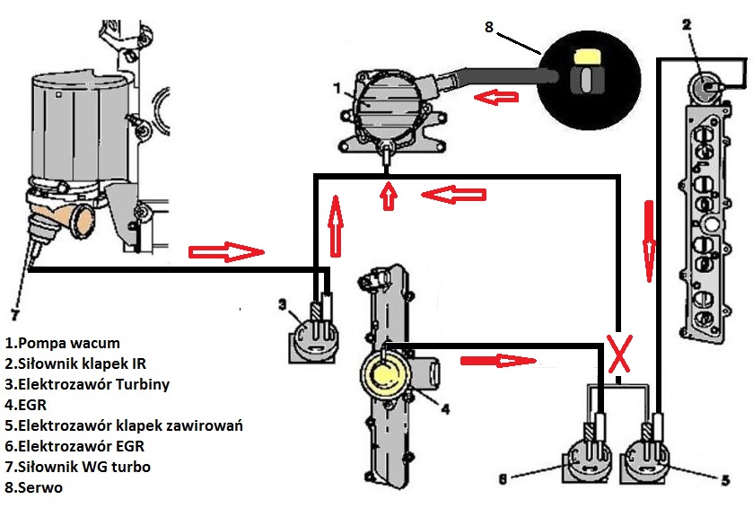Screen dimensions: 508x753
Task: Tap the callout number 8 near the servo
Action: coord(488,26)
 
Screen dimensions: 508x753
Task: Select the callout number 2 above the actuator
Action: coord(686,24)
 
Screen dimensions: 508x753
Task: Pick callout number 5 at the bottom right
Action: coord(725,480)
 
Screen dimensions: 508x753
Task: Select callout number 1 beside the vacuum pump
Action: coord(337,90)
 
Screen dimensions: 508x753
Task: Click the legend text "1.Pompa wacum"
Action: coord(62,343)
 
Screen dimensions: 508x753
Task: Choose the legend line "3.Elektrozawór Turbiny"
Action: coord(87,384)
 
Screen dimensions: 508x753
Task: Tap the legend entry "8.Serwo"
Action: coord(33,487)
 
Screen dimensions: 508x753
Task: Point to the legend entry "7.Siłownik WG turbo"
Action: coord(77,467)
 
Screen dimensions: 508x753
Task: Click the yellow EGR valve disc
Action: coord(385,369)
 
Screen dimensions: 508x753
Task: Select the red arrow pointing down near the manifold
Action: coord(648,241)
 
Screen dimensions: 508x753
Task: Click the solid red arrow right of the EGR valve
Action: coord(497,360)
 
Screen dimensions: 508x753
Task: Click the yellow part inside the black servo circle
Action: coord(585,57)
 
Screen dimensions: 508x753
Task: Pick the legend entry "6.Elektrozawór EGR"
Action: coord(76,446)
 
